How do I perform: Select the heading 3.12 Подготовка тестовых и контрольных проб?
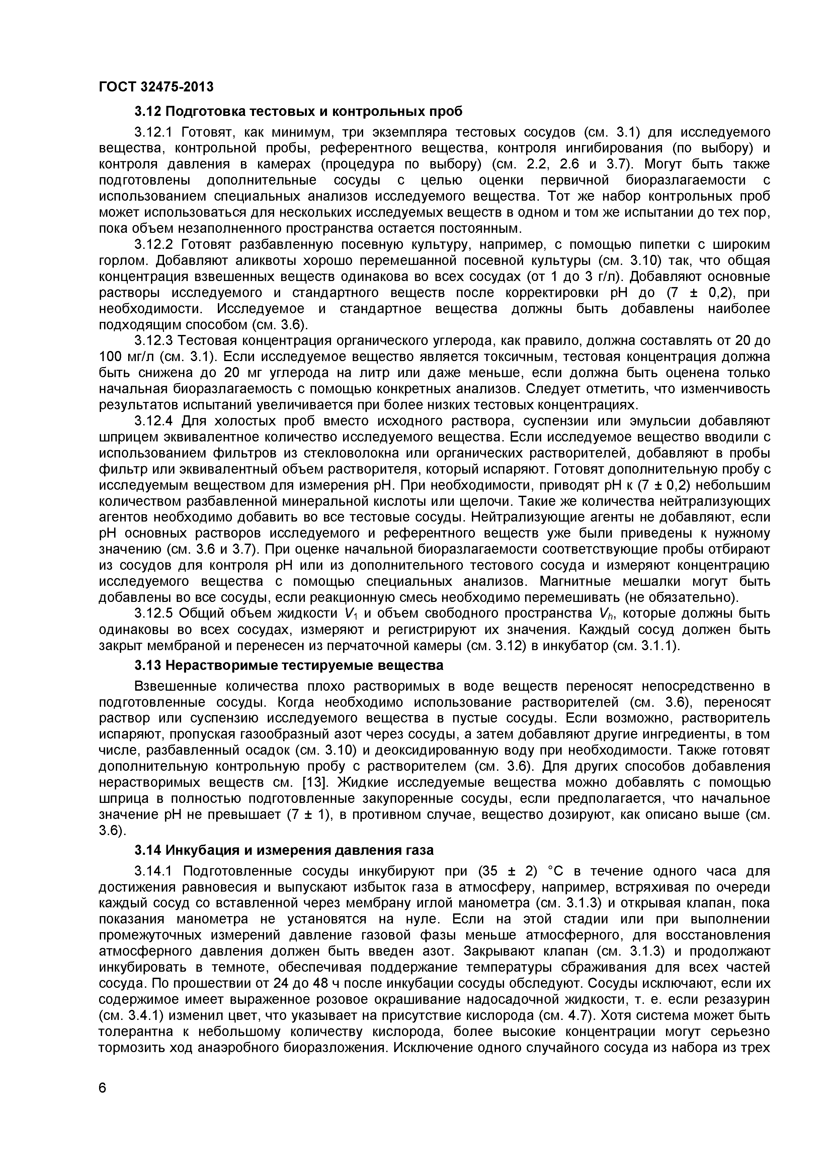point(298,111)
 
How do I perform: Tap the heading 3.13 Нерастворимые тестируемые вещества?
point(289,665)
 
